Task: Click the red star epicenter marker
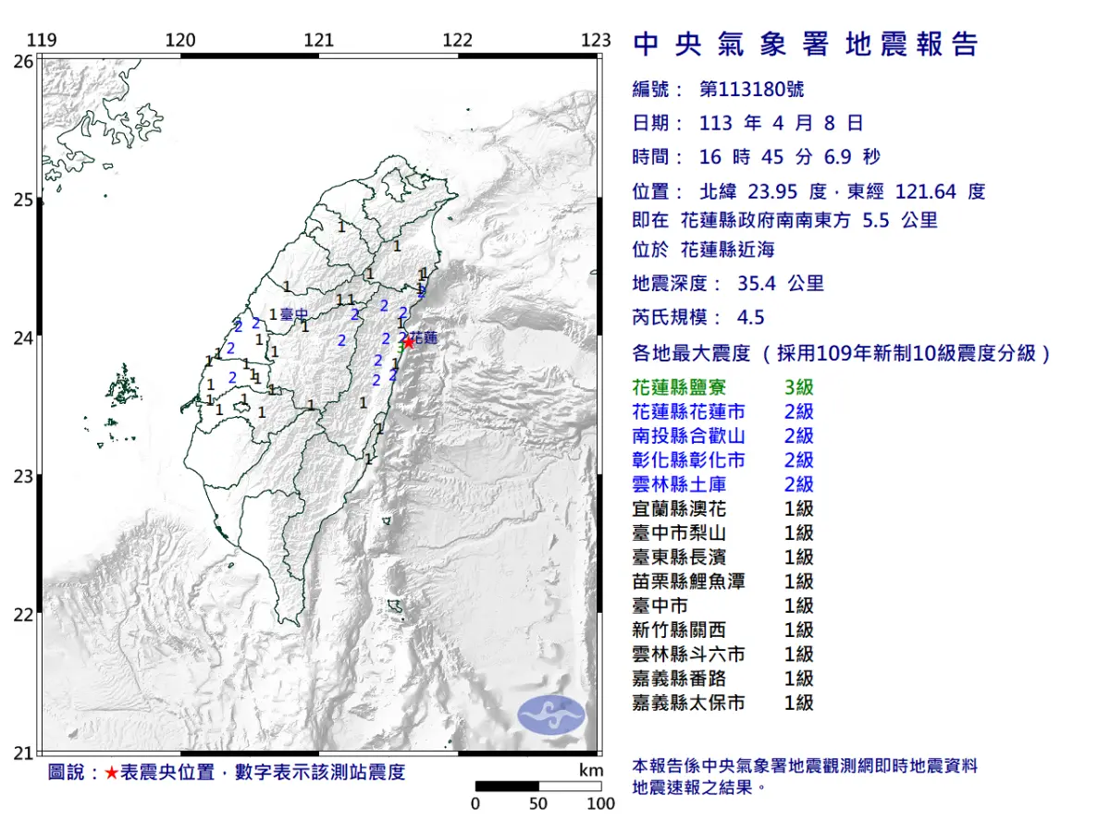click(x=408, y=341)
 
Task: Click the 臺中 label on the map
click(x=293, y=314)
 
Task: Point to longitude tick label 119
click(x=42, y=40)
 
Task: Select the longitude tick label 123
click(x=597, y=40)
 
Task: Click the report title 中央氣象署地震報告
click(x=805, y=44)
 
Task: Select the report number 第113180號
click(x=751, y=90)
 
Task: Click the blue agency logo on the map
click(x=551, y=716)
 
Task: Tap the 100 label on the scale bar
click(x=600, y=803)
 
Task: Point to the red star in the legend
click(x=111, y=773)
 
